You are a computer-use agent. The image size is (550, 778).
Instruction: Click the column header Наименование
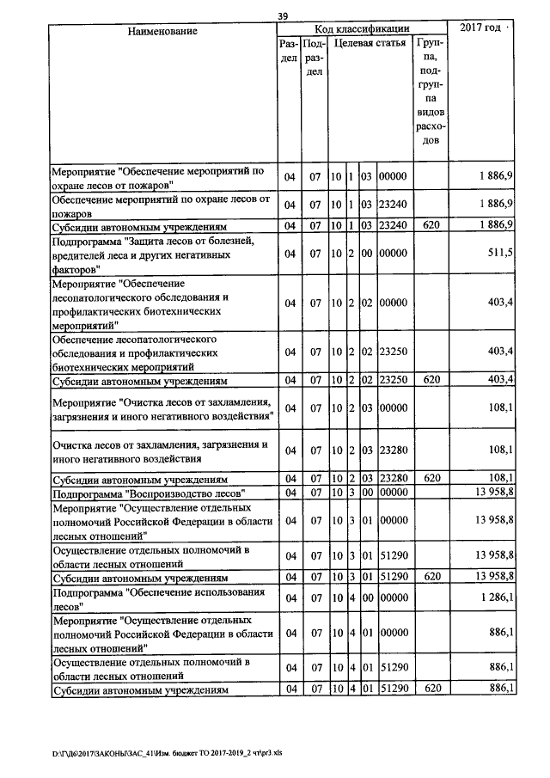(162, 31)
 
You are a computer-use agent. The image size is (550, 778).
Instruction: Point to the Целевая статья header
(370, 42)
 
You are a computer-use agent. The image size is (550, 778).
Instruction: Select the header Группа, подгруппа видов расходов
(430, 90)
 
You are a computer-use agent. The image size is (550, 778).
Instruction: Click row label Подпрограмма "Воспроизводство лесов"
(150, 493)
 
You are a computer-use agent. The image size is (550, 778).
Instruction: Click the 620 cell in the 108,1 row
(431, 479)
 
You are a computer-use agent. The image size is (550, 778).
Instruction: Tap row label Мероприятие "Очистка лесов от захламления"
(162, 407)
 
